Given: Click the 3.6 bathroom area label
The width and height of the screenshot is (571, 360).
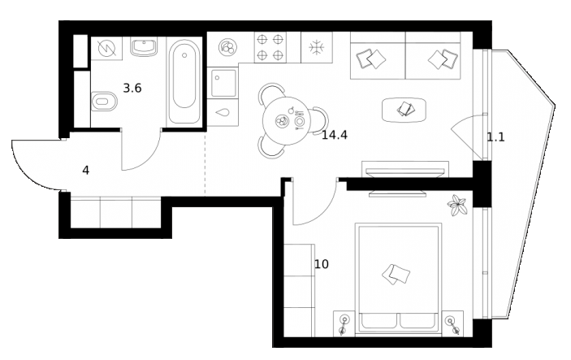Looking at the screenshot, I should pyautogui.click(x=132, y=88).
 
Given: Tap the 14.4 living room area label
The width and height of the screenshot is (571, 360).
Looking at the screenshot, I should pyautogui.click(x=334, y=135).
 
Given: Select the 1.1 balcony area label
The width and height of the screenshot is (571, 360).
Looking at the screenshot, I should pyautogui.click(x=495, y=137).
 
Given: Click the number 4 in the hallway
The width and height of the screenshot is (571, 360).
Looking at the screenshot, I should pyautogui.click(x=86, y=170).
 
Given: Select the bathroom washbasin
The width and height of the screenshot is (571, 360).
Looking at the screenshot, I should pyautogui.click(x=144, y=50).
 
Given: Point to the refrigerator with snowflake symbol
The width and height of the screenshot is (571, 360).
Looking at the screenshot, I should pyautogui.click(x=317, y=47).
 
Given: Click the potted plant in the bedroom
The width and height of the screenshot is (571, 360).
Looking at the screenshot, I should pyautogui.click(x=458, y=205).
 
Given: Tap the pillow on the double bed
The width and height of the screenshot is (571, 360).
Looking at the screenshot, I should pyautogui.click(x=397, y=274).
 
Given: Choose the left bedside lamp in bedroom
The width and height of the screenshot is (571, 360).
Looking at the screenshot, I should pyautogui.click(x=344, y=323).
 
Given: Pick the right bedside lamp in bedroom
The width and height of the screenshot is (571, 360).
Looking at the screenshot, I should pyautogui.click(x=453, y=323).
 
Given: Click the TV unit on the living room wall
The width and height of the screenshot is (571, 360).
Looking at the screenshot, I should pyautogui.click(x=397, y=173).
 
